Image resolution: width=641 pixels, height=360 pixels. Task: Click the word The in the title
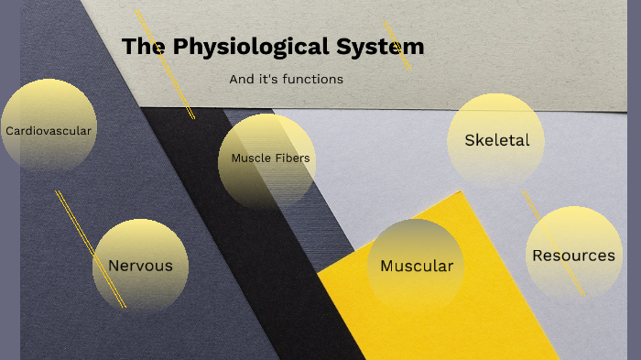tap(141, 46)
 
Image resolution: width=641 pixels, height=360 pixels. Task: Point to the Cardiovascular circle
tap(49, 128)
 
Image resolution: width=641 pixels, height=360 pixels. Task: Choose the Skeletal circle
tap(495, 140)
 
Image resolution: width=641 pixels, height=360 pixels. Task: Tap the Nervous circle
tap(140, 266)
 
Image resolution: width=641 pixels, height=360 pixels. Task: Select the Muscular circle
tap(417, 267)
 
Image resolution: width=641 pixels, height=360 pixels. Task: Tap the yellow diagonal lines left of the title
tap(165, 64)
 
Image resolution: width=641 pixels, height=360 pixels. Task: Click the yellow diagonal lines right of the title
tap(397, 45)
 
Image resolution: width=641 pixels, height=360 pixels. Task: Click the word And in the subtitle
tap(242, 80)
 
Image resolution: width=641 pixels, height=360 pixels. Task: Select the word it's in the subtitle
tap(268, 80)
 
